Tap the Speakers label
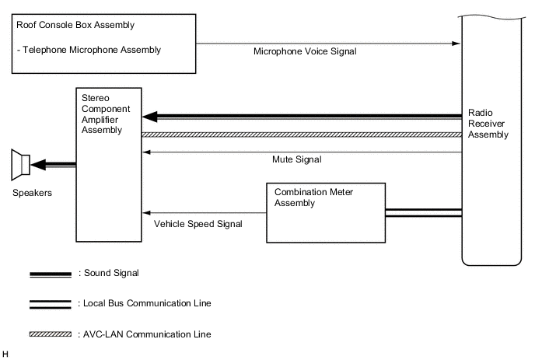coord(33,193)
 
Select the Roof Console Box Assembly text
coord(75,25)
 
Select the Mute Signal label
coord(296,159)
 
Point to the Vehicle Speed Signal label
coord(198,224)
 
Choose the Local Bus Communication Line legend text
coord(145,302)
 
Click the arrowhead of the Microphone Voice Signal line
coord(456,44)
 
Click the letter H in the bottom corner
coord(5,354)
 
